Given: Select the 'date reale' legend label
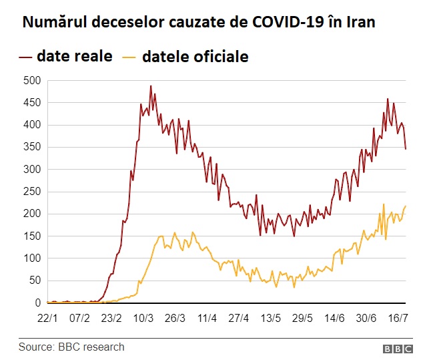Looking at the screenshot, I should [x=75, y=56].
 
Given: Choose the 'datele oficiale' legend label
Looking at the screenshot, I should [x=195, y=56].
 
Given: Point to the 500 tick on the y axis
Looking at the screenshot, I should [x=32, y=81].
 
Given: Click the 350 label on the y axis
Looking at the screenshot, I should [x=32, y=148].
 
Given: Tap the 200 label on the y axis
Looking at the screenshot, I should [x=32, y=214].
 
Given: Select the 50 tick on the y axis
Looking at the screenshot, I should [x=35, y=281].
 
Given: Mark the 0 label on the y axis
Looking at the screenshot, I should [x=38, y=303].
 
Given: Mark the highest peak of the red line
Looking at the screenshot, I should [x=151, y=86].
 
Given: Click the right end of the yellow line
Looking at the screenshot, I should [x=406, y=206].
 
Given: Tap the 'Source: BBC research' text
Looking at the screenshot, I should [x=71, y=347].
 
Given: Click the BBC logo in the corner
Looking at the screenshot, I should [x=398, y=349].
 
